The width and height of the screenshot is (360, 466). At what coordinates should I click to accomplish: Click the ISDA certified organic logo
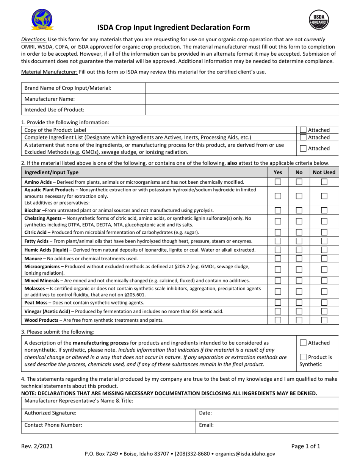click(42, 20)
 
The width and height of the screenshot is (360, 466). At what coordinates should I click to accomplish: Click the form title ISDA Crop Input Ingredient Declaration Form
click(174, 27)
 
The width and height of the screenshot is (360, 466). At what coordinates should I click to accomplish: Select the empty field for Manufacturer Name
click(242, 99)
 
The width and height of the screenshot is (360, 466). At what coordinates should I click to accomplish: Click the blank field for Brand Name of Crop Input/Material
click(242, 88)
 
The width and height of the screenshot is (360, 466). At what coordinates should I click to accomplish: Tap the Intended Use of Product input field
click(242, 110)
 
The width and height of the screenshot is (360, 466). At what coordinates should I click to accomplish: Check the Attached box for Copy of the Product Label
click(303, 130)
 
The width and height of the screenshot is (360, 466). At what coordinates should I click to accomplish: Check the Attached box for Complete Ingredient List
click(303, 137)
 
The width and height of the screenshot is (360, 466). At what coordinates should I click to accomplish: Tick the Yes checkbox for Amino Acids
click(278, 182)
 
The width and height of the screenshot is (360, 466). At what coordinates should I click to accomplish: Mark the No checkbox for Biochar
click(299, 210)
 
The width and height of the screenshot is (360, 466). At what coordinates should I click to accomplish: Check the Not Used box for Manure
click(324, 259)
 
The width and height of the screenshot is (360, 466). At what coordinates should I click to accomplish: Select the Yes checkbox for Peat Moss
click(278, 303)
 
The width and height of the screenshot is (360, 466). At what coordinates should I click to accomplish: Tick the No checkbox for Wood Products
click(299, 320)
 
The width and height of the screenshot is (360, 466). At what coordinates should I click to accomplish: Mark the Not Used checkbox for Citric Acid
click(324, 232)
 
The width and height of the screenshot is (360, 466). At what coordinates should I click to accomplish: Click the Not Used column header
click(324, 172)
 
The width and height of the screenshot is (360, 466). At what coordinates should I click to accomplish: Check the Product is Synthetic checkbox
click(303, 357)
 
